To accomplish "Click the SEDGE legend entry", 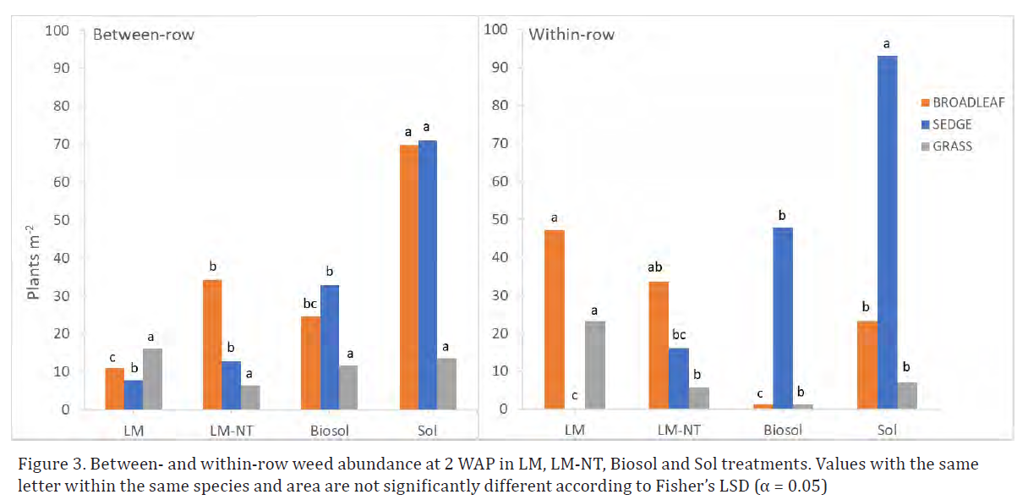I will click(x=946, y=124).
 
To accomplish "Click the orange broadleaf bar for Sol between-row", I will click(x=408, y=277).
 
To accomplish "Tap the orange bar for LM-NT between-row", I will click(x=212, y=344).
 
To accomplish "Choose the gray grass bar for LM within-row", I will click(x=595, y=365).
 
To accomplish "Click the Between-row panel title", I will click(x=143, y=36).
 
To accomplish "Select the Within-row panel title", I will click(x=571, y=35).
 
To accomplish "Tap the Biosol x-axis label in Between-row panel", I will click(x=328, y=431).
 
